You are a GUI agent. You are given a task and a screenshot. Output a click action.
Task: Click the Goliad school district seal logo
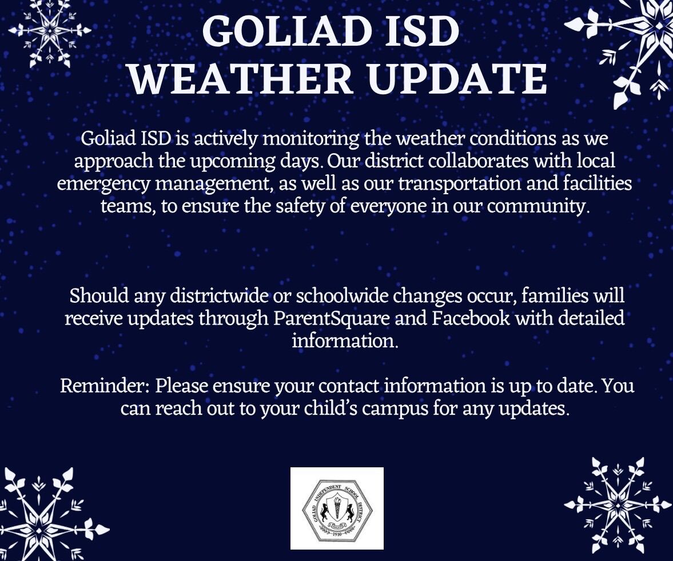pyautogui.click(x=337, y=508)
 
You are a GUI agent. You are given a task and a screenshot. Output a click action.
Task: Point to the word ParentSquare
pyautogui.click(x=332, y=319)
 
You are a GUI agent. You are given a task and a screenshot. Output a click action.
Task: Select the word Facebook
pyautogui.click(x=471, y=318)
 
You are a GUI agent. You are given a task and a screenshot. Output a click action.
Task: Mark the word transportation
pyautogui.click(x=459, y=183)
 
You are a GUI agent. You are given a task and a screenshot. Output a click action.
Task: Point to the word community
pyautogui.click(x=536, y=207)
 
